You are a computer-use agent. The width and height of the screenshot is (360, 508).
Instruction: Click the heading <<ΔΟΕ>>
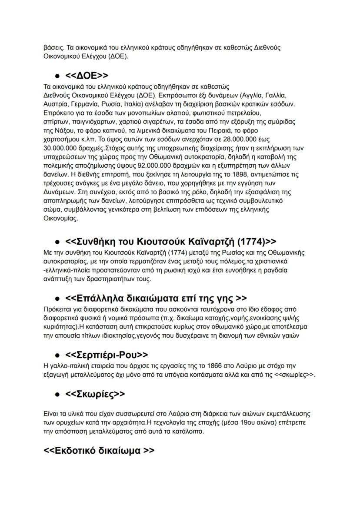[x=87, y=76]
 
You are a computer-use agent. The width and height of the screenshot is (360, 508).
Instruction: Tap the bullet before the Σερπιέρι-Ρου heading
[x=57, y=355]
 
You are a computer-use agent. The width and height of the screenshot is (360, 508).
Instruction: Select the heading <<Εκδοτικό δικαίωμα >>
[x=99, y=450]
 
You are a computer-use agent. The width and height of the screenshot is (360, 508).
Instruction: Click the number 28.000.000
[x=235, y=139]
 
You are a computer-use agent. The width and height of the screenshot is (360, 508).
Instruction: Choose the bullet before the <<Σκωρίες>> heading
[x=57, y=395]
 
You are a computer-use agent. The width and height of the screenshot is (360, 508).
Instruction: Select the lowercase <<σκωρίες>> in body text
[x=295, y=375]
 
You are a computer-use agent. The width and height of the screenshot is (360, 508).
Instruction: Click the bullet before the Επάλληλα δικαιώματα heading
[x=57, y=299]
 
